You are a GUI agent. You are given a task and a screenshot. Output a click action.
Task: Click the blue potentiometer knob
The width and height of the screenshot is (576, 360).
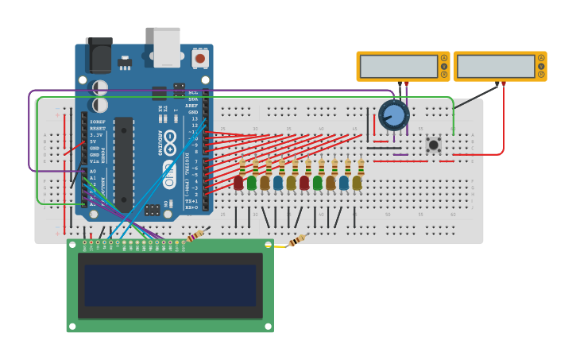click(393, 115)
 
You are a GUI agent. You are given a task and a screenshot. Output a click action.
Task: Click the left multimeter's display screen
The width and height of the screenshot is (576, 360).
click(398, 67)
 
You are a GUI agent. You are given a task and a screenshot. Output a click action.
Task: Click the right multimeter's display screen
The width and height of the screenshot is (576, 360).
click(495, 67)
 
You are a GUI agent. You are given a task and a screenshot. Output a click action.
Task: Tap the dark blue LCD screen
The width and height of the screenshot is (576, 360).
click(170, 285)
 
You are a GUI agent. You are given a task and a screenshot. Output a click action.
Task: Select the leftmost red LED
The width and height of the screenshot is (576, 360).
click(238, 183)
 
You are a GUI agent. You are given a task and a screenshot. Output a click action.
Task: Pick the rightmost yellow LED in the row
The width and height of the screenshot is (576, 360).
click(358, 183)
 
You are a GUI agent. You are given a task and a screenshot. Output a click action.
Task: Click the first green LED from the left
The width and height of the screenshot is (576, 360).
click(252, 183)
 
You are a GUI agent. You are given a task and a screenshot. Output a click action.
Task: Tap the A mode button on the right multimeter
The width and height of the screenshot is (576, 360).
click(541, 58)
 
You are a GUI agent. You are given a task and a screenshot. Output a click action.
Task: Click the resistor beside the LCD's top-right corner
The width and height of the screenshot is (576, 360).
click(297, 240)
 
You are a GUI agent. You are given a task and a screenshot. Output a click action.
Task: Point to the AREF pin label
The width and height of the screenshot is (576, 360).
click(192, 106)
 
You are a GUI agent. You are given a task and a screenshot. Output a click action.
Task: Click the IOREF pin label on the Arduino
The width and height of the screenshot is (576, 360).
click(97, 122)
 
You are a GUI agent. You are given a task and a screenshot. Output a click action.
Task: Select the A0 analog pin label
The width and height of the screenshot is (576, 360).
click(92, 171)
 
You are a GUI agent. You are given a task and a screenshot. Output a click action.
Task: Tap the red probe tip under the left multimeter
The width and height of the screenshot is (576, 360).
click(407, 83)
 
